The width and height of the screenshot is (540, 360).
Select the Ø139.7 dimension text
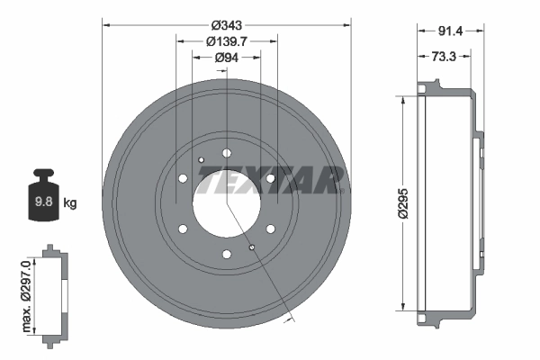226,41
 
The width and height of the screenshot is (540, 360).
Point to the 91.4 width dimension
450,31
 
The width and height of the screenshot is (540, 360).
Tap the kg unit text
70,202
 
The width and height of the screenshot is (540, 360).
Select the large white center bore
226,200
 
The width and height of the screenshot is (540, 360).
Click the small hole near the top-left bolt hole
201,160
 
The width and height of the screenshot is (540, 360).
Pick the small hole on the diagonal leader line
252,247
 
